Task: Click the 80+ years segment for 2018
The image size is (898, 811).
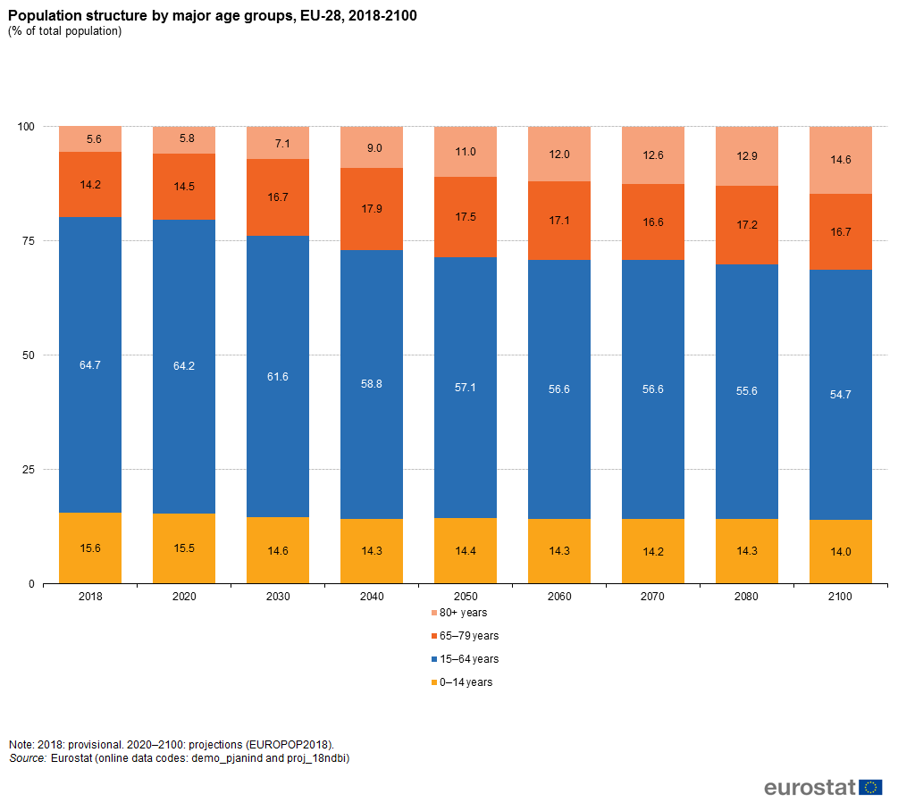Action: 90,139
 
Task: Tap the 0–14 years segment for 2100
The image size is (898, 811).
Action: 841,552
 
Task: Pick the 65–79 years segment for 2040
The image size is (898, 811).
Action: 372,209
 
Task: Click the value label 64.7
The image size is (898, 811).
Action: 90,364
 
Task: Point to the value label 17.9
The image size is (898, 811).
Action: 372,210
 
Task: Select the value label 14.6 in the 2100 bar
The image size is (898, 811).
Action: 841,160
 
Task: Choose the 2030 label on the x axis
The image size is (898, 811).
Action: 278,596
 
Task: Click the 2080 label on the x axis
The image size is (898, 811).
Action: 747,596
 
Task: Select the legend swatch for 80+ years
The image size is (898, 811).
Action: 434,614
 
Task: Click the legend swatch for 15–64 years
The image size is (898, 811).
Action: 434,659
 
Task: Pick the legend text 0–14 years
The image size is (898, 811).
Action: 466,682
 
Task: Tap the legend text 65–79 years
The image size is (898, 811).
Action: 469,636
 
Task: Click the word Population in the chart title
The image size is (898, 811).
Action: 42,15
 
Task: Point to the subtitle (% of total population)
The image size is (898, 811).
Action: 64,31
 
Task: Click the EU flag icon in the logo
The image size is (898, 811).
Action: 871,787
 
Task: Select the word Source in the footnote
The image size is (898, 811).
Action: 27,758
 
